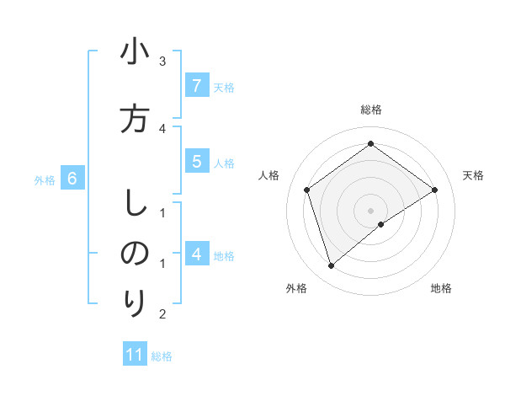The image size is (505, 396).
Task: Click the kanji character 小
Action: (135, 53)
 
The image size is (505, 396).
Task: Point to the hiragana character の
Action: (135, 254)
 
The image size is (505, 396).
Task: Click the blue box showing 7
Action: (196, 85)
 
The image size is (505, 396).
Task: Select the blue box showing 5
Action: (196, 162)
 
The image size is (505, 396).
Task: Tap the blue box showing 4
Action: (196, 254)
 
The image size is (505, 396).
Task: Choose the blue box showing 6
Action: (72, 179)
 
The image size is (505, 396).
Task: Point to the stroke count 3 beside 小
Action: (162, 62)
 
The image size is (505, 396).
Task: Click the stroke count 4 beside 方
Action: (162, 128)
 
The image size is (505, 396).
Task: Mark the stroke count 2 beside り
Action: (162, 314)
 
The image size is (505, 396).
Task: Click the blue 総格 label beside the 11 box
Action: (162, 356)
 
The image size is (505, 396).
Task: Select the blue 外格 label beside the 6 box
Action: (45, 179)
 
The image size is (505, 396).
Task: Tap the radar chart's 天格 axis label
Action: (473, 175)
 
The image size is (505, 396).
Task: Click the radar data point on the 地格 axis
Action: (381, 224)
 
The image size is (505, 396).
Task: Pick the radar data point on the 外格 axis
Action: (332, 266)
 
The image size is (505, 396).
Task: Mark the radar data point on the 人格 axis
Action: (307, 190)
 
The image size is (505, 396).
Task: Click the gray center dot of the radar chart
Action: (371, 210)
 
